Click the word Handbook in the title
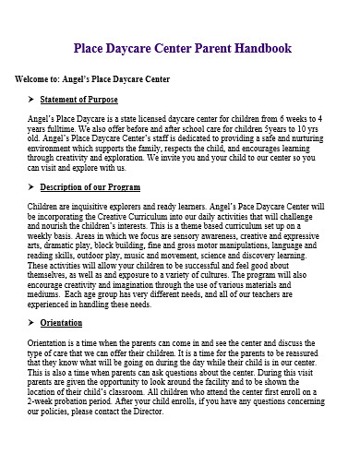tap(258, 48)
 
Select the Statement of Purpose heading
tap(80, 100)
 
